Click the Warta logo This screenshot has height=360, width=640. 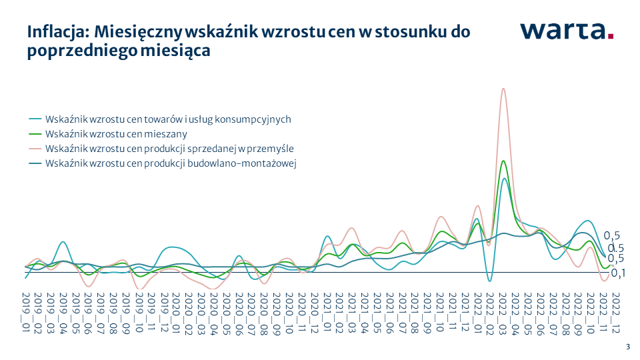coord(566,31)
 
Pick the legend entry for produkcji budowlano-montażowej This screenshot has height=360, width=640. coord(170,163)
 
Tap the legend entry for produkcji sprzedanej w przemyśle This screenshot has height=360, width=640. coord(169,149)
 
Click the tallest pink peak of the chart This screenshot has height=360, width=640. coord(503,89)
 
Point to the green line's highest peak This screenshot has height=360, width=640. coord(503,161)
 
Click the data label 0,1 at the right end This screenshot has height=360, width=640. coord(618,273)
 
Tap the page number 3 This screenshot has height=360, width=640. coord(627,347)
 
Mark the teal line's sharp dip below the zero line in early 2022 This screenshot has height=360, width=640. coord(489,281)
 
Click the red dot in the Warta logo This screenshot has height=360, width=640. coord(610,38)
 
